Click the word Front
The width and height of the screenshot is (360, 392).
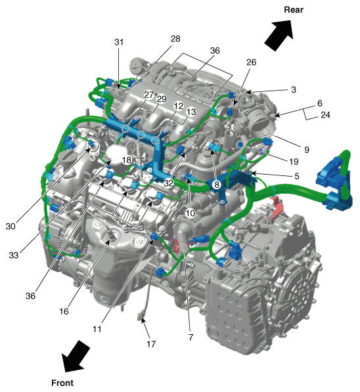[x=62, y=381]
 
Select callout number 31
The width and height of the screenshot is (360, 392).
[x=118, y=42]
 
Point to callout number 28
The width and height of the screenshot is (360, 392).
[x=175, y=39]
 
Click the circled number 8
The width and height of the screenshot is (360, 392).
[x=215, y=185]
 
